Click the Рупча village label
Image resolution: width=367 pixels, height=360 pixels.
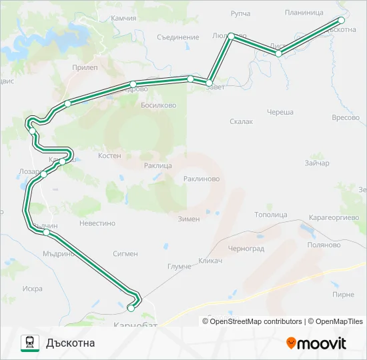pyautogui.click(x=240, y=13)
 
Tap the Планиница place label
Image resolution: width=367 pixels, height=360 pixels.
pyautogui.click(x=304, y=13)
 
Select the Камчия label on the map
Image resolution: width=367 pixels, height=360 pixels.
pyautogui.click(x=123, y=19)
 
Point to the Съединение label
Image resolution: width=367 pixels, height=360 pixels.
pyautogui.click(x=178, y=37)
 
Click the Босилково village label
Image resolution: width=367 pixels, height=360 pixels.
pyautogui.click(x=158, y=105)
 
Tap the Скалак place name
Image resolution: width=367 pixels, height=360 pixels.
pyautogui.click(x=241, y=121)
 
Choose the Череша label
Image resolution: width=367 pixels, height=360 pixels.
pyautogui.click(x=280, y=112)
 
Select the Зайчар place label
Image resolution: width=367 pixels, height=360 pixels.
pyautogui.click(x=316, y=163)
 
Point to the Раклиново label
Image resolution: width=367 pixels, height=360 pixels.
pyautogui.click(x=202, y=179)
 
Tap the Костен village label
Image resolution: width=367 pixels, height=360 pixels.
pyautogui.click(x=109, y=155)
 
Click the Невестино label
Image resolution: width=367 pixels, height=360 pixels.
pyautogui.click(x=97, y=224)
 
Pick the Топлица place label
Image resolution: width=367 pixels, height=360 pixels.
pyautogui.click(x=271, y=215)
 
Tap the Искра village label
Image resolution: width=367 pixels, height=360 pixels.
pyautogui.click(x=32, y=289)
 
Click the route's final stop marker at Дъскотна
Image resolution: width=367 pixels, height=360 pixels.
pyautogui.click(x=342, y=21)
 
